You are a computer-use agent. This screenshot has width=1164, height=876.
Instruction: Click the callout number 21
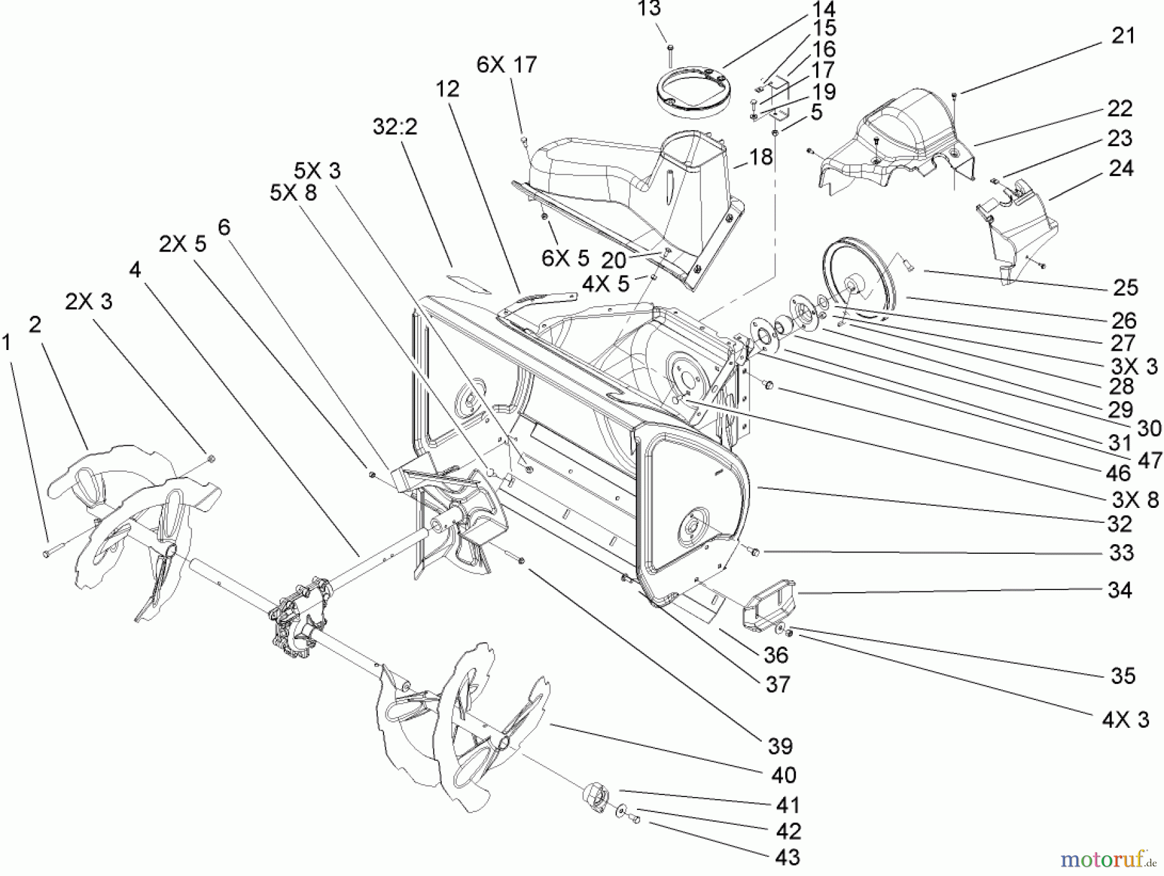coord(1123,36)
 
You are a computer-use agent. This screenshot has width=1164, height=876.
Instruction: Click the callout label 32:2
coord(394,127)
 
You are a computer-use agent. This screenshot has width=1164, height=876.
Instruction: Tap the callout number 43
coord(787,857)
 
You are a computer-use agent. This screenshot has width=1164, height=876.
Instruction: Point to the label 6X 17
coord(506,65)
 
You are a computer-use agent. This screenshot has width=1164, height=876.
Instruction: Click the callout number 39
coord(780,746)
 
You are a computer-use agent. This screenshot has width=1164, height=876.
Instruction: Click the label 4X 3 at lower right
coord(1125,720)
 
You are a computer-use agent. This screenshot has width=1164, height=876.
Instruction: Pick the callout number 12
coord(447,89)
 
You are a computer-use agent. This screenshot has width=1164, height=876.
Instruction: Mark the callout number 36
coord(775,655)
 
